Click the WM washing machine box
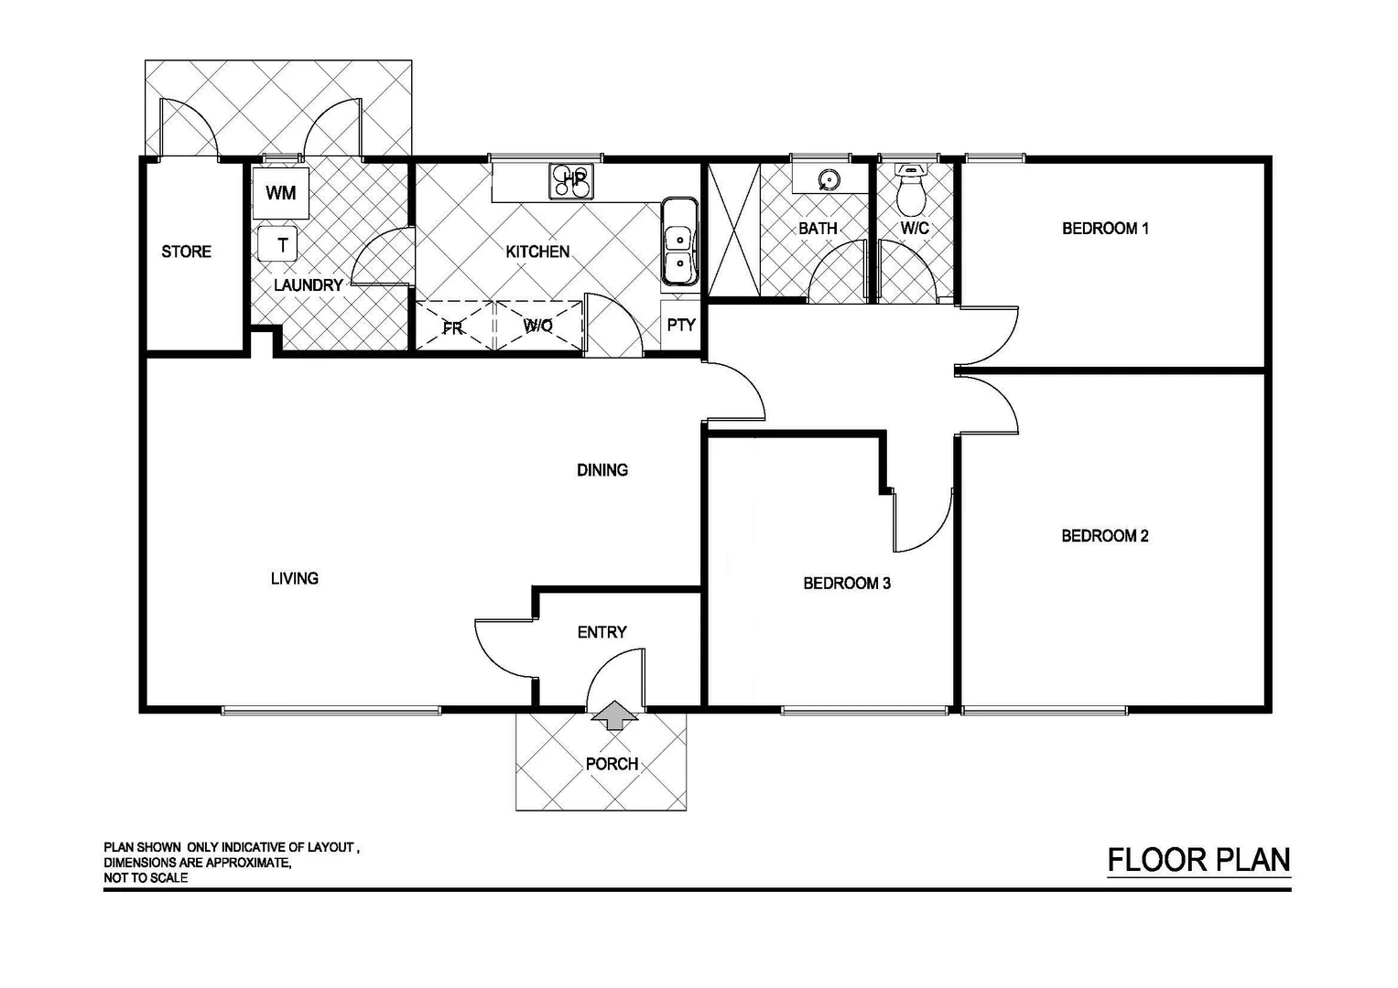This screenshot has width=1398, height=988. pyautogui.click(x=280, y=193)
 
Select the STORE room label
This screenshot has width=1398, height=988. pyautogui.click(x=186, y=252)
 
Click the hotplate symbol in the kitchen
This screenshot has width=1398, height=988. pyautogui.click(x=571, y=180)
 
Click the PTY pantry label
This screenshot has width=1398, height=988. pyautogui.click(x=680, y=325)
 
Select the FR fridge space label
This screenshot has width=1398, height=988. pyautogui.click(x=452, y=328)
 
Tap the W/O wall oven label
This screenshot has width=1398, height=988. pyautogui.click(x=538, y=326)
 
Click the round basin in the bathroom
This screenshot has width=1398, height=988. pyautogui.click(x=829, y=179)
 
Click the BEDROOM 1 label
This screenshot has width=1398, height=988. pyautogui.click(x=1105, y=229)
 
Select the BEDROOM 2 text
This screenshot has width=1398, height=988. pyautogui.click(x=1104, y=536)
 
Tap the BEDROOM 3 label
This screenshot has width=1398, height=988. pyautogui.click(x=847, y=583)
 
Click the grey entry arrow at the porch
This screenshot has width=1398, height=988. pyautogui.click(x=613, y=716)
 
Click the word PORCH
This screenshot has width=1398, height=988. pyautogui.click(x=612, y=764)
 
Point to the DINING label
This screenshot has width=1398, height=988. pyautogui.click(x=602, y=470)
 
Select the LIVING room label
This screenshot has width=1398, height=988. pyautogui.click(x=295, y=578)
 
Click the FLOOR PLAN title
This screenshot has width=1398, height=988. pyautogui.click(x=1198, y=860)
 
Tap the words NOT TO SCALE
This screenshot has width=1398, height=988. pyautogui.click(x=146, y=878)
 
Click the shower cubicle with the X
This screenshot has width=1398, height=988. pyautogui.click(x=733, y=230)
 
